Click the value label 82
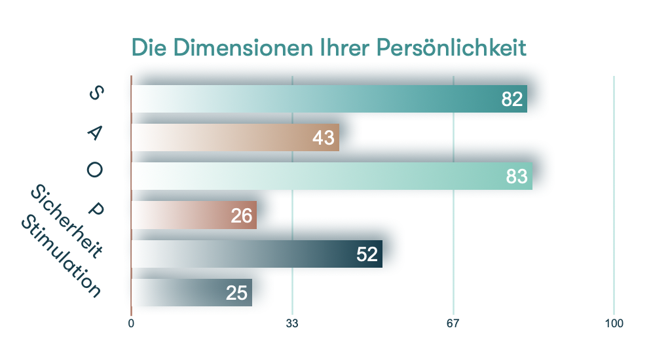(x=512, y=99)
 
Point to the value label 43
(x=324, y=138)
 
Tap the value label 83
(x=517, y=177)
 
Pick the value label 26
(x=242, y=215)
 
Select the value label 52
(x=367, y=255)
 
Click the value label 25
(x=236, y=293)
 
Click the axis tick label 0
(x=131, y=324)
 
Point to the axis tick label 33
(x=292, y=324)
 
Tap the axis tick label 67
(x=453, y=324)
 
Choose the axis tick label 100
(x=614, y=324)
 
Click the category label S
(x=95, y=94)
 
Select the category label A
(x=95, y=133)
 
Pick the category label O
(x=95, y=171)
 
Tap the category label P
(x=96, y=210)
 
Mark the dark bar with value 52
(x=275, y=254)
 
